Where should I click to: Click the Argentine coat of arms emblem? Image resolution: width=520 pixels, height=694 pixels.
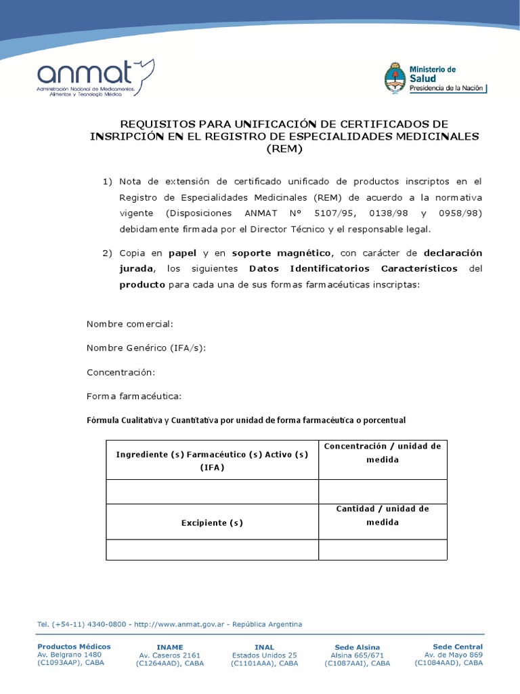395,78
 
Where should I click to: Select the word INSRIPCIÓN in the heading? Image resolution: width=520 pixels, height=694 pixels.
124,136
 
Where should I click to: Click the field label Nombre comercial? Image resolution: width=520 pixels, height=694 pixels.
130,324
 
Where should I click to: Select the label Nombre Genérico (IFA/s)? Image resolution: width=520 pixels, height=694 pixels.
146,348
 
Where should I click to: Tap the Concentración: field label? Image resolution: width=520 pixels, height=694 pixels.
121,372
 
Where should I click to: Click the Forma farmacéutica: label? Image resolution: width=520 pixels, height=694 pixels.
134,396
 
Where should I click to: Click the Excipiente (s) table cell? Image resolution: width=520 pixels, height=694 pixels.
212,523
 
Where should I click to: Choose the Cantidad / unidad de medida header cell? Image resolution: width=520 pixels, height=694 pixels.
383,515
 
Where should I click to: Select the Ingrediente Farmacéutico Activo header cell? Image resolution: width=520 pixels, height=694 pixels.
212,461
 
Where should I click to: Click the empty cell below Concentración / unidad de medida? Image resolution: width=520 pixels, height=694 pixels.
383,491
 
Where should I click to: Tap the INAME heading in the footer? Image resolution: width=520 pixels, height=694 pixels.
169,647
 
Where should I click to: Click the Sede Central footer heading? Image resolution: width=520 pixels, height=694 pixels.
458,647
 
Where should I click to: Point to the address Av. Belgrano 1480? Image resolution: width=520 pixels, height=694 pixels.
69,655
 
